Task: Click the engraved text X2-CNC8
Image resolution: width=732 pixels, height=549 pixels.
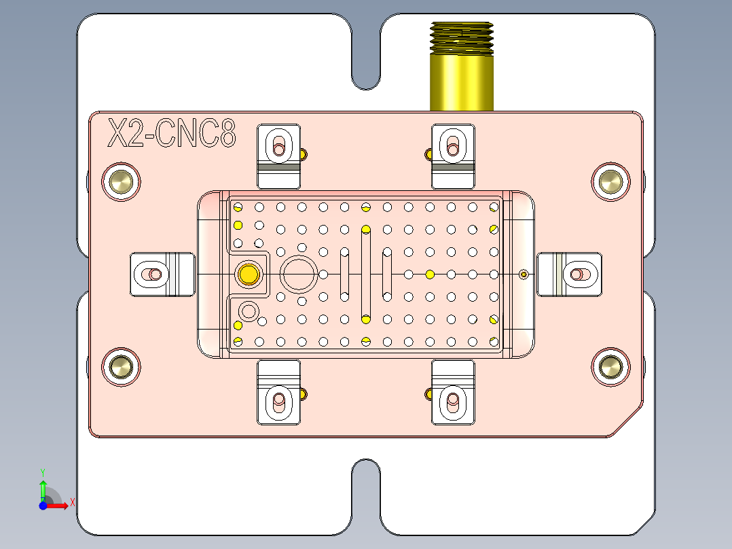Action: point(172,134)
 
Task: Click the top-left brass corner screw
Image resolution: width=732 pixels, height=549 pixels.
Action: point(122,181)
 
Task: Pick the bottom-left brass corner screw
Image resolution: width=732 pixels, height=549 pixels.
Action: point(122,367)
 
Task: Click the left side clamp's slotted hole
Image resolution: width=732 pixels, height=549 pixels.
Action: point(151,274)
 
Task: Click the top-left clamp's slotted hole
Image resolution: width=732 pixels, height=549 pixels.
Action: point(278,145)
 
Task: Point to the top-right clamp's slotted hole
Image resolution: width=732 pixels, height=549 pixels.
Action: point(453,145)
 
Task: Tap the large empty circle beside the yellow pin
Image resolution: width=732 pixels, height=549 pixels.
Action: point(298,274)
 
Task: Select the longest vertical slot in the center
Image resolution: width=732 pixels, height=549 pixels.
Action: point(366,274)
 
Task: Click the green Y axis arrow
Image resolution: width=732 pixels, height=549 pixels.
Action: point(43,488)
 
